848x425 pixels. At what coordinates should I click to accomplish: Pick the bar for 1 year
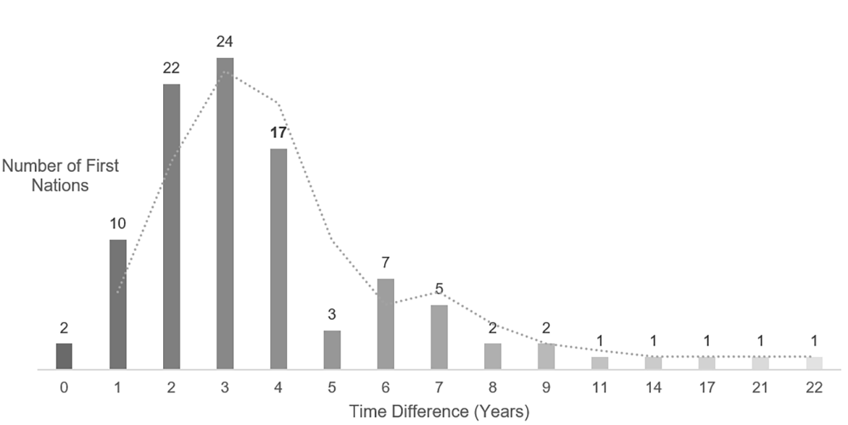pos(118,305)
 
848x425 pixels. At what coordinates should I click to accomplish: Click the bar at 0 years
pos(65,356)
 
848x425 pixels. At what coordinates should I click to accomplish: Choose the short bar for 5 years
pos(332,350)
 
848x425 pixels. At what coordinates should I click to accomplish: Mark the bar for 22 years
pos(814,363)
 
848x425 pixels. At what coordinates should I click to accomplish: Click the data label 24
pos(225,41)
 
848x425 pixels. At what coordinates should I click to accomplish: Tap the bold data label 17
pos(279,132)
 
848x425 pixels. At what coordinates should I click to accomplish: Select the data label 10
pos(118,223)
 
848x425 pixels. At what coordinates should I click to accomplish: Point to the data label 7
pos(386,263)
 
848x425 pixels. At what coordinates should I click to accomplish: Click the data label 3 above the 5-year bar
pos(332,315)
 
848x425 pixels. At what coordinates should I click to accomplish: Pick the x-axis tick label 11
pos(600,387)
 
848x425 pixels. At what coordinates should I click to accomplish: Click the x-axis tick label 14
pos(654,387)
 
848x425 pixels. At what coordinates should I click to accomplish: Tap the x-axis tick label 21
pos(760,387)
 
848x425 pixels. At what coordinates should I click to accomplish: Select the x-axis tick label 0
pos(65,387)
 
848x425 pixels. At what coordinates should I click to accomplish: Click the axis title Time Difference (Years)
pos(439,412)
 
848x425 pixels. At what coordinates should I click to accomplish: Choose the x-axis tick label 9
pos(546,387)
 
